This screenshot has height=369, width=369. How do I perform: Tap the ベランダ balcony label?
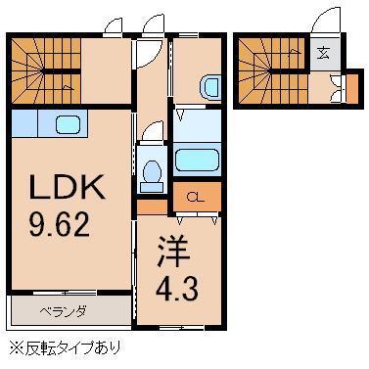64,312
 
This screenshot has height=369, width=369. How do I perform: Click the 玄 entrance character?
322,54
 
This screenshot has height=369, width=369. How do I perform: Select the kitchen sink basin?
69,124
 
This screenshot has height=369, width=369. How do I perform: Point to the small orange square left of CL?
151,208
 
